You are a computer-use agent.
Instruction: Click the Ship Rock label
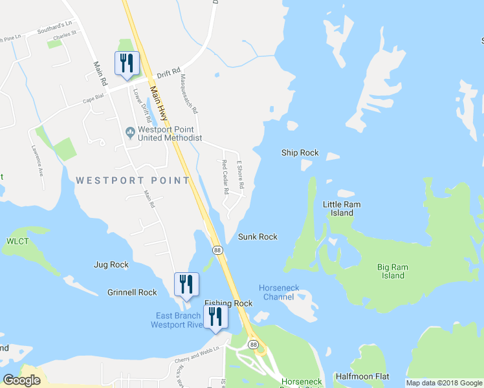(x=300, y=153)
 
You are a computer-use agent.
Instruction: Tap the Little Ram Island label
(x=342, y=208)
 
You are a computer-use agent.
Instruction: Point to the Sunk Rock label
(x=258, y=237)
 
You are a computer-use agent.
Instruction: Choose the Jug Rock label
(x=111, y=264)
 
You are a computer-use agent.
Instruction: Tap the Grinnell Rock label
(x=132, y=292)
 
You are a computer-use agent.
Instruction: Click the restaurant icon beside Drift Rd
(x=126, y=63)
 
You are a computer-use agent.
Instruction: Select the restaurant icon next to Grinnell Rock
(x=186, y=285)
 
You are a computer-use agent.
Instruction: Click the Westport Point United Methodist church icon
(x=130, y=133)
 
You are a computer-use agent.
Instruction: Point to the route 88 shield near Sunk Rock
(x=217, y=250)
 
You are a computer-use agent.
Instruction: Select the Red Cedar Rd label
(x=226, y=177)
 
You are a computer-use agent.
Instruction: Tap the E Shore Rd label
(x=240, y=175)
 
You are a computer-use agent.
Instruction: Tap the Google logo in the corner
(x=22, y=380)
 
